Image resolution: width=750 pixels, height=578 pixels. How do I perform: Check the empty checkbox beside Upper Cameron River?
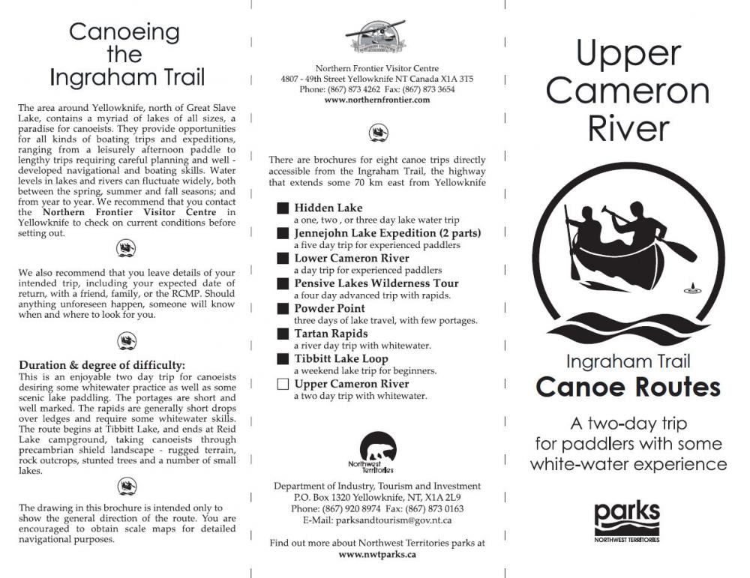pyautogui.click(x=283, y=385)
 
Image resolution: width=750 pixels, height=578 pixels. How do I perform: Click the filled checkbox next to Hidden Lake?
pyautogui.click(x=283, y=208)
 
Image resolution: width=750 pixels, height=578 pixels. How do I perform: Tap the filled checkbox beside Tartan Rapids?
pyautogui.click(x=283, y=334)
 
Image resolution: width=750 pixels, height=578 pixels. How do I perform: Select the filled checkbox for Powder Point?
pyautogui.click(x=283, y=309)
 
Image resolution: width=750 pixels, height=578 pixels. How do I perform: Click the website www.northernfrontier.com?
pyautogui.click(x=377, y=100)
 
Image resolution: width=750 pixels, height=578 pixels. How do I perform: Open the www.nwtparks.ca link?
pyautogui.click(x=377, y=554)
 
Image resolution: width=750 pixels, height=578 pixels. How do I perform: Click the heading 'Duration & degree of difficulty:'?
pyautogui.click(x=102, y=365)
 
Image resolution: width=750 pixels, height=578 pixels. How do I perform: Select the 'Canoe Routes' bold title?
pyautogui.click(x=628, y=387)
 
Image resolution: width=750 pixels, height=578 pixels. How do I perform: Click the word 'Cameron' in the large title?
pyautogui.click(x=628, y=91)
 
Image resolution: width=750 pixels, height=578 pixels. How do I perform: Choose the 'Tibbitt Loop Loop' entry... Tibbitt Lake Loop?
pyautogui.click(x=340, y=359)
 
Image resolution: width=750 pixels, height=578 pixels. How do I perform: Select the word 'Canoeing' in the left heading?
pyautogui.click(x=124, y=32)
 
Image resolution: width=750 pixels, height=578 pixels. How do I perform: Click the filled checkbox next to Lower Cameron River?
pyautogui.click(x=283, y=259)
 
